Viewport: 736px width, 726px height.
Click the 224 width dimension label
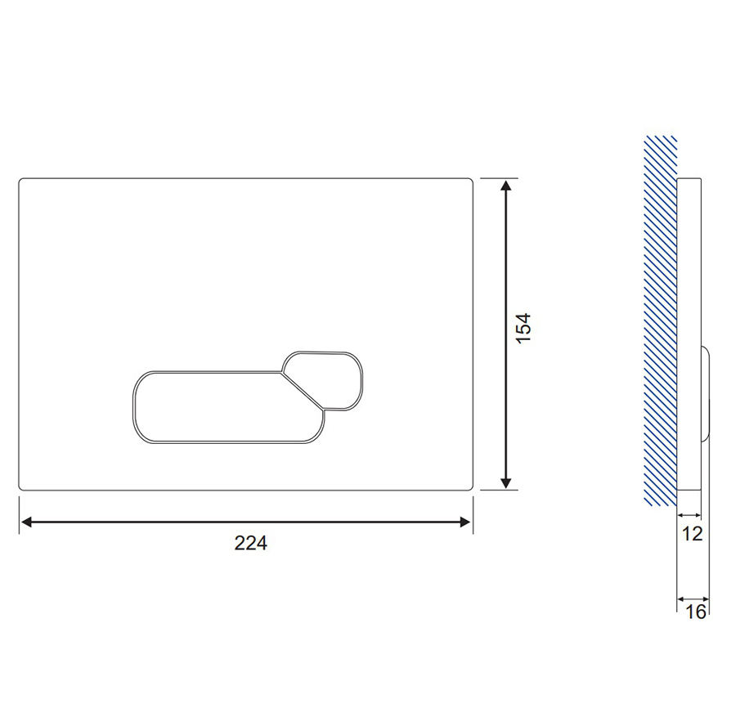pyautogui.click(x=251, y=543)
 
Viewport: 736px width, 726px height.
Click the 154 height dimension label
pyautogui.click(x=523, y=328)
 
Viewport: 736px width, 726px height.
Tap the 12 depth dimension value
pyautogui.click(x=692, y=534)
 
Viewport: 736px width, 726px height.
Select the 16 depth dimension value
pyautogui.click(x=696, y=612)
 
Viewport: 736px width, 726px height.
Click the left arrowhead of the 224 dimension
pyautogui.click(x=26, y=522)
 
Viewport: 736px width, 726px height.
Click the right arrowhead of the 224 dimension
pyautogui.click(x=465, y=522)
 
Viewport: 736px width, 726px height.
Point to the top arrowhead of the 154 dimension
pyautogui.click(x=505, y=186)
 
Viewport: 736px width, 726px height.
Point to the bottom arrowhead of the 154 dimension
pyautogui.click(x=505, y=483)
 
